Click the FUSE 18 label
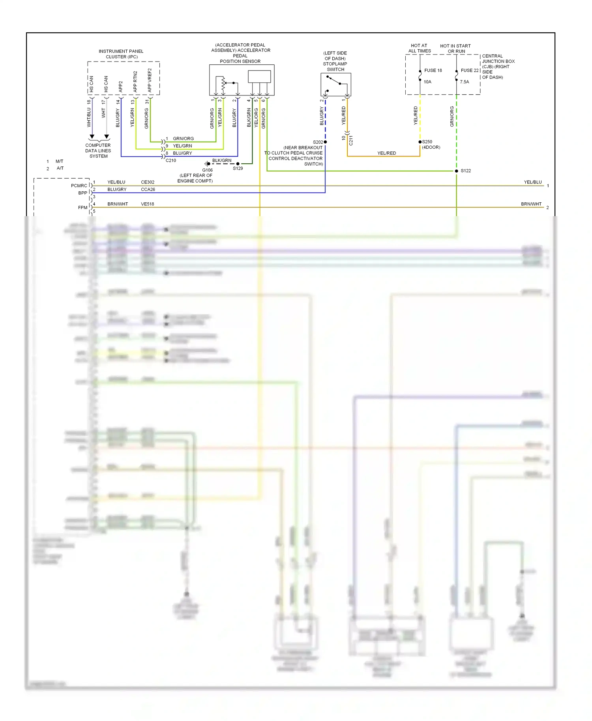[x=433, y=71]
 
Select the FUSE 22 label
[x=469, y=71]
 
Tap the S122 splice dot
[x=457, y=171]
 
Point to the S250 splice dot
[x=420, y=142]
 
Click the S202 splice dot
[x=325, y=142]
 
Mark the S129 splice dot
[x=238, y=164]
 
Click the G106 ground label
[x=207, y=170]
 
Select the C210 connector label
[x=171, y=161]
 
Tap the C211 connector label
[x=351, y=140]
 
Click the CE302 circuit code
[x=148, y=182]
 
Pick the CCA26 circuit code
[x=148, y=190]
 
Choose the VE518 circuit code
[x=148, y=204]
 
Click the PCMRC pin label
[x=79, y=186]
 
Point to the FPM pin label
[x=82, y=207]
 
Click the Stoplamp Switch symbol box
[x=335, y=84]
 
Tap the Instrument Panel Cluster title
[x=121, y=54]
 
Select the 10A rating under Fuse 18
[x=427, y=82]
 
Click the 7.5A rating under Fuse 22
[x=465, y=82]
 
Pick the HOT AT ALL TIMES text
[x=419, y=49]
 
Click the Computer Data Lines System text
[x=98, y=151]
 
